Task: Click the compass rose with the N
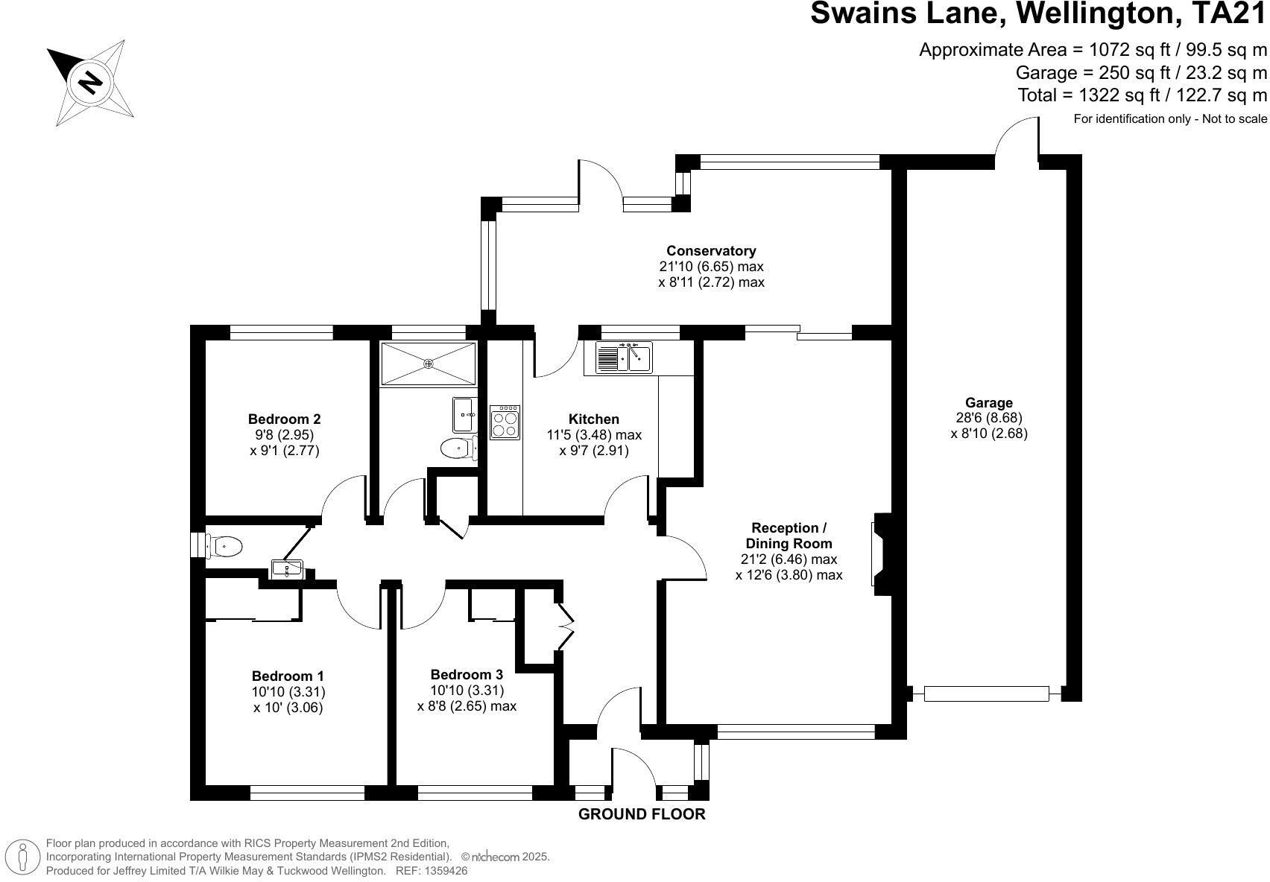click(x=91, y=81)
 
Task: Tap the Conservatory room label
click(x=711, y=251)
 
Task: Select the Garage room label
click(x=988, y=403)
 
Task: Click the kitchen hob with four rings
click(x=505, y=422)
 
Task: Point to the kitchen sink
click(x=624, y=358)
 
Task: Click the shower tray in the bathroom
click(x=428, y=364)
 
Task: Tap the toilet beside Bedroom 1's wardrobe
click(x=224, y=547)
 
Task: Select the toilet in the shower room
click(x=456, y=448)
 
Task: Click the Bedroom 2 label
click(x=284, y=419)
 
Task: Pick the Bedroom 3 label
click(x=467, y=675)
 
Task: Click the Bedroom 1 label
click(x=288, y=676)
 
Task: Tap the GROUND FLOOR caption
click(x=642, y=814)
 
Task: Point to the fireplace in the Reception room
click(x=880, y=553)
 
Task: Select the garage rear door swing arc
click(x=1015, y=138)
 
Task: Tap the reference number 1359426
click(x=445, y=870)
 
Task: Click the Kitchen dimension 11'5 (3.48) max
click(x=593, y=435)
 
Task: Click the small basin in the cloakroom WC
click(x=287, y=570)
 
